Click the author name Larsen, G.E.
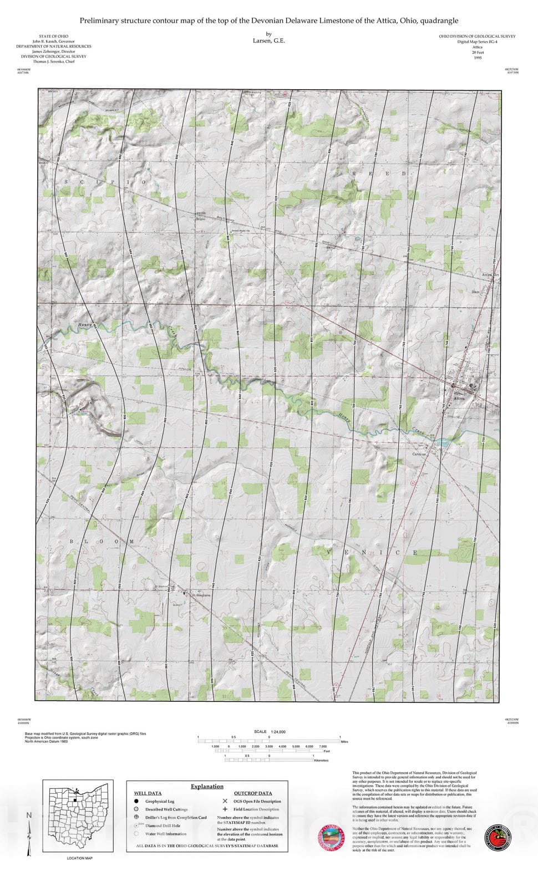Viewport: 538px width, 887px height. (269, 40)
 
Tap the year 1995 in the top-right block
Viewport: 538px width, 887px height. (478, 57)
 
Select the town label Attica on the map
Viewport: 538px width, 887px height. (459, 398)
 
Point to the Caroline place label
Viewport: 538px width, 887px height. (419, 454)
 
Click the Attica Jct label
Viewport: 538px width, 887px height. (491, 275)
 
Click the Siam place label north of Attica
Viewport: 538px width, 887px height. (475, 291)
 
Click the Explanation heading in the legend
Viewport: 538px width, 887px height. (207, 786)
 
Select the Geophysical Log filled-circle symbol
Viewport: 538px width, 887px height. (136, 801)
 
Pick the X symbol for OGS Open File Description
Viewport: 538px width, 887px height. (225, 801)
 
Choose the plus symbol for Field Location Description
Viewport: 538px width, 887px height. (225, 809)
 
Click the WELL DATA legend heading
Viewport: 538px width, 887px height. (148, 793)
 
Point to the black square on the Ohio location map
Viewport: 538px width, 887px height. (74, 801)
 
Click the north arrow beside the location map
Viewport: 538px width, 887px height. (29, 832)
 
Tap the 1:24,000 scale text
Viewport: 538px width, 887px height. (278, 732)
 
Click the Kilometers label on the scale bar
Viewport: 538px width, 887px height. (321, 761)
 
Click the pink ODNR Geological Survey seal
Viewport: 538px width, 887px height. (332, 837)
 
